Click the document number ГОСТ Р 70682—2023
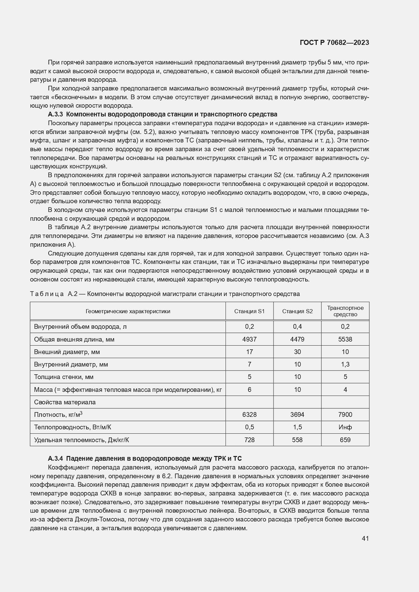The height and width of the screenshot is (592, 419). pyautogui.click(x=334, y=43)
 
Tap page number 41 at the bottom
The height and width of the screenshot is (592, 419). pyautogui.click(x=365, y=539)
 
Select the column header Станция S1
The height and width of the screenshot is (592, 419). pyautogui.click(x=249, y=311)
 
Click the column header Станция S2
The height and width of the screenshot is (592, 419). pyautogui.click(x=297, y=311)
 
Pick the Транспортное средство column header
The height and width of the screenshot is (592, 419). pyautogui.click(x=345, y=311)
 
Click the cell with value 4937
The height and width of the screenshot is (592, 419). pyautogui.click(x=249, y=339)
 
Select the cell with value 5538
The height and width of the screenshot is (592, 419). pyautogui.click(x=345, y=339)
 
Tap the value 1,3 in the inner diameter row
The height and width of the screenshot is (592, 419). pyautogui.click(x=345, y=365)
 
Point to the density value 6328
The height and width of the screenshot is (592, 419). pyautogui.click(x=249, y=414)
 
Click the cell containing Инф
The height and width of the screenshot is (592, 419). pyautogui.click(x=345, y=427)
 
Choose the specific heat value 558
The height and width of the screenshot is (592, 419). pyautogui.click(x=297, y=440)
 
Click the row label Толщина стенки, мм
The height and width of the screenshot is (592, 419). pyautogui.click(x=64, y=377)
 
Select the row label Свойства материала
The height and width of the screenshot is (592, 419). pyautogui.click(x=65, y=402)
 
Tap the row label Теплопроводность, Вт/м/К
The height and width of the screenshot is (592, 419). pyautogui.click(x=72, y=427)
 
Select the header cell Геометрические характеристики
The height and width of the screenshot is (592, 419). pyautogui.click(x=128, y=311)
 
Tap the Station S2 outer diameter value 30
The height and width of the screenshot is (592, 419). pyautogui.click(x=297, y=352)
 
